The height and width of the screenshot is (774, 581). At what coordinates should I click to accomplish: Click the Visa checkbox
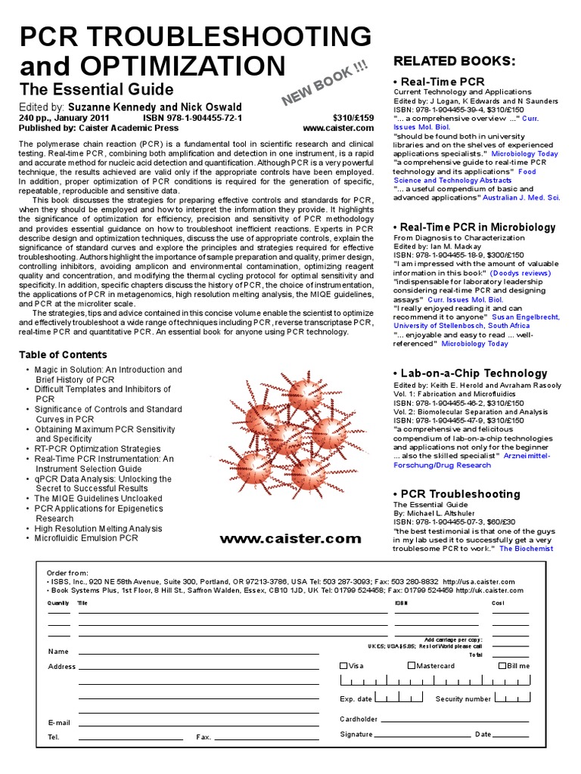click(x=343, y=666)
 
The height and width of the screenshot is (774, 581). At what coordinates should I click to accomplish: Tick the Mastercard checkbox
click(x=412, y=666)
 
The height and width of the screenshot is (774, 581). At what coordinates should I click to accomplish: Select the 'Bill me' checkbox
click(x=502, y=666)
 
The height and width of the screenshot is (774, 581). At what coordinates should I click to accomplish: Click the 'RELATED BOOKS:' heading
click(x=455, y=60)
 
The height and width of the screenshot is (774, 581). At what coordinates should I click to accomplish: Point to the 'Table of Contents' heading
click(x=63, y=354)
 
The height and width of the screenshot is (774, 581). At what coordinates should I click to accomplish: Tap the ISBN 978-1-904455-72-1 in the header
click(x=192, y=119)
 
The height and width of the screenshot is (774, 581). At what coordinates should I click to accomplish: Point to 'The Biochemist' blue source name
click(x=527, y=549)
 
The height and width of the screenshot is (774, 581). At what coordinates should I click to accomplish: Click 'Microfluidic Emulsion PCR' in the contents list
click(x=86, y=538)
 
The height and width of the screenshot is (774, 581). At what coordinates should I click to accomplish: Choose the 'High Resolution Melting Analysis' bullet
click(x=98, y=528)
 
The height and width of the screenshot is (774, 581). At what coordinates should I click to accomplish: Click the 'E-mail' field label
click(x=59, y=723)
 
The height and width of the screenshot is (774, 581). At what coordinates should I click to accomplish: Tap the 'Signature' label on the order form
click(x=356, y=734)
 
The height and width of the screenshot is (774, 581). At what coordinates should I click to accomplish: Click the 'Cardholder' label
click(x=359, y=719)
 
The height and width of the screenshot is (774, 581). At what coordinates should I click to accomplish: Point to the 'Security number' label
click(x=463, y=700)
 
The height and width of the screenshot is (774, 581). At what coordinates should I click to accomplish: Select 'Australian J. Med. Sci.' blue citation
click(x=521, y=197)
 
